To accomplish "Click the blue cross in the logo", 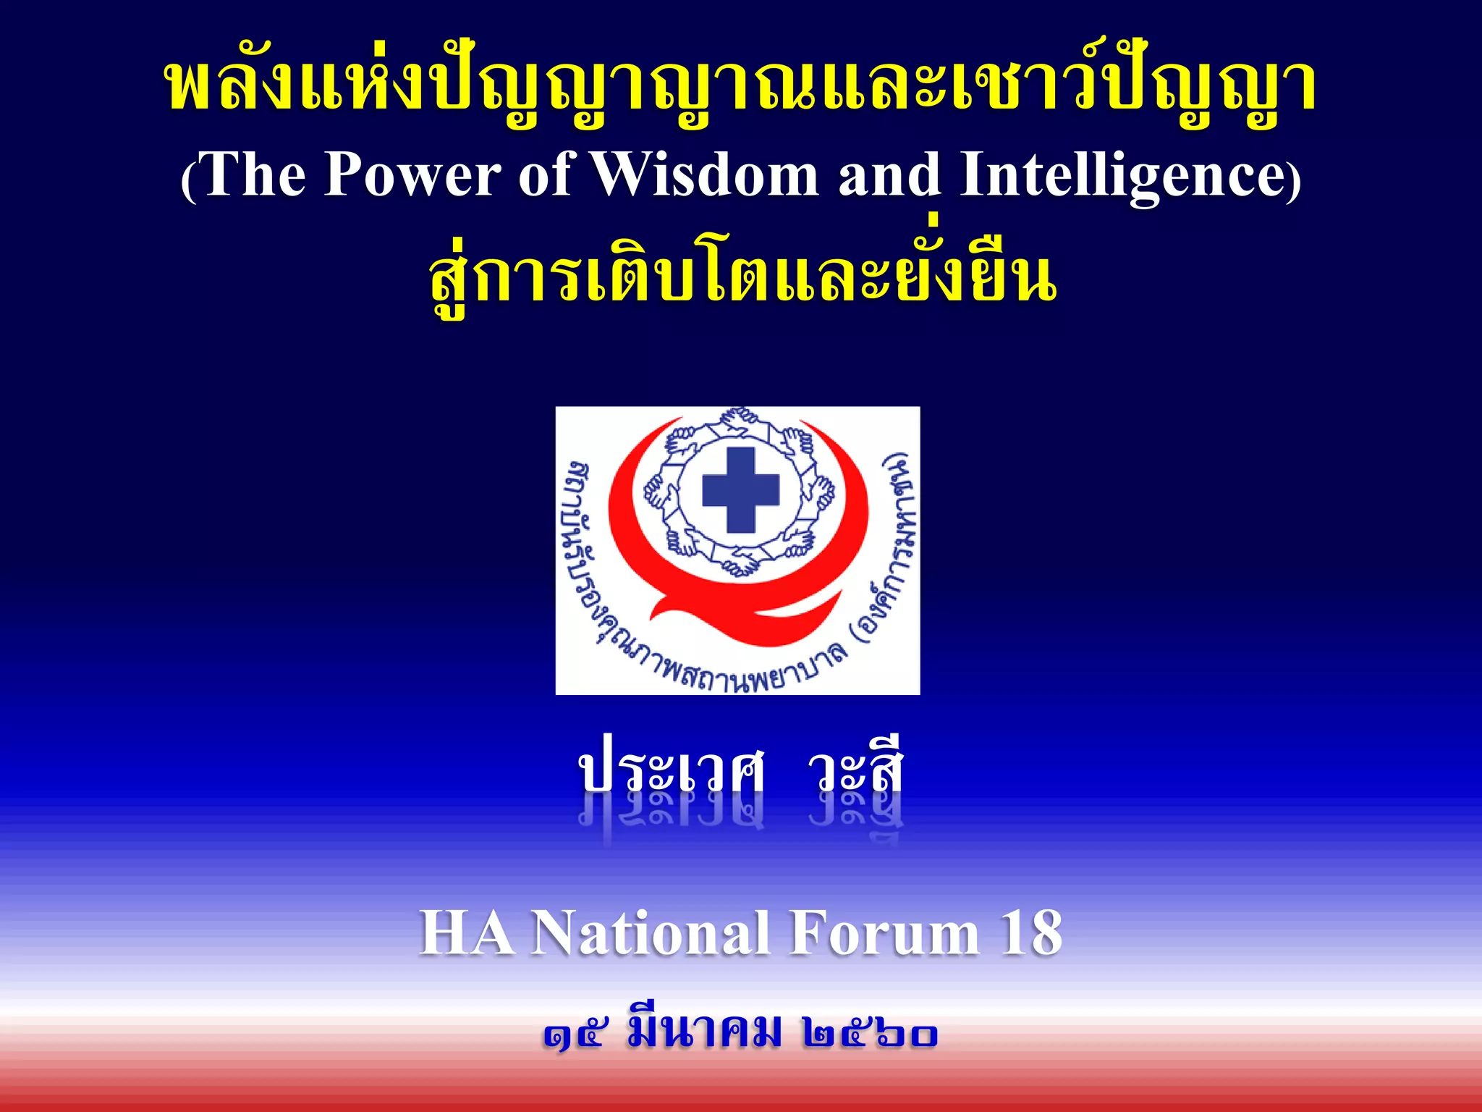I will (740, 489).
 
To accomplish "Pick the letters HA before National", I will (467, 934).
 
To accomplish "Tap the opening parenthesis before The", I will (188, 180).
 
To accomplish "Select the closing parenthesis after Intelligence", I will (1294, 180).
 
